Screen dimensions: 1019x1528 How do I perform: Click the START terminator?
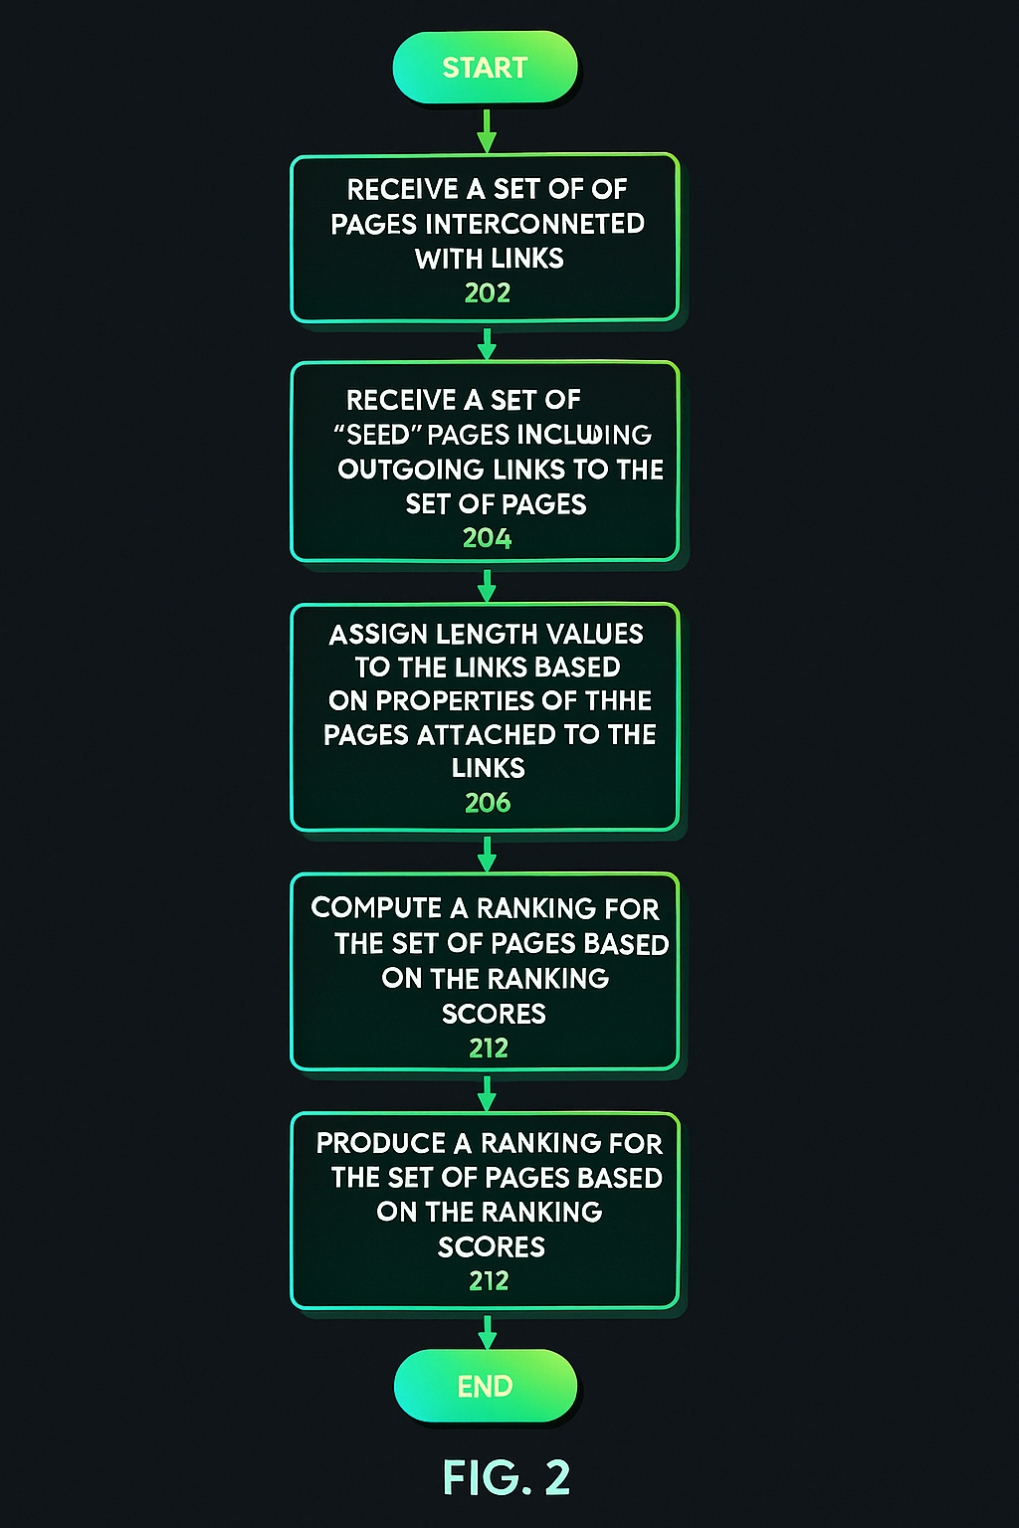click(485, 68)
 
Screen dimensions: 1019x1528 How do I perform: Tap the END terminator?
click(485, 1386)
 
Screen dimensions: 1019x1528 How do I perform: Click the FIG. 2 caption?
click(507, 1478)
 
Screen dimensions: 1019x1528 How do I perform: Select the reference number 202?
click(488, 293)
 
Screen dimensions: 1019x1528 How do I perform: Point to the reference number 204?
click(488, 538)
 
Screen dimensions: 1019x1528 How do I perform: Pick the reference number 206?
click(488, 803)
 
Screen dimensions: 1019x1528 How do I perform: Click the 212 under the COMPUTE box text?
click(489, 1049)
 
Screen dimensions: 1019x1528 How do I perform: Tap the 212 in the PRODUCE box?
click(489, 1281)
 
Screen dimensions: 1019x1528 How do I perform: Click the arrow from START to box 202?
click(487, 130)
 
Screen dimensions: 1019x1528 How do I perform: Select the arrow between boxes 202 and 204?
click(487, 343)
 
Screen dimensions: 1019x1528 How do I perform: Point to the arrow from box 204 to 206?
click(487, 585)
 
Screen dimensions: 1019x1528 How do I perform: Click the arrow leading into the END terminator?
click(487, 1331)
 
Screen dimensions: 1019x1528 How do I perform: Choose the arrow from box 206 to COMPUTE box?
click(487, 854)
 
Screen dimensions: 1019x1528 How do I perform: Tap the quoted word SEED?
click(378, 435)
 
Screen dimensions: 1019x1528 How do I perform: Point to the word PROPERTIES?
click(454, 701)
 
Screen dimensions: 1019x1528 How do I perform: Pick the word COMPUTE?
click(376, 908)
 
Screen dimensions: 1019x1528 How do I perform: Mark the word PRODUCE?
click(381, 1143)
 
